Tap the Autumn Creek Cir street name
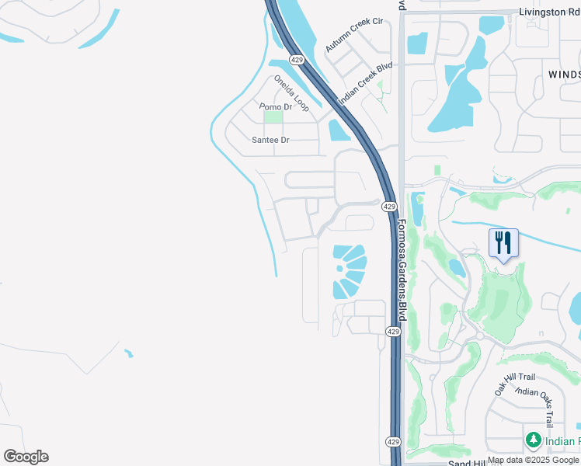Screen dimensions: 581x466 click(355, 35)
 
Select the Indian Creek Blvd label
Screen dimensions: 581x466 click(366, 81)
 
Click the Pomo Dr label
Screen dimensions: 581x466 click(275, 106)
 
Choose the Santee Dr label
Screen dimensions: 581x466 click(270, 140)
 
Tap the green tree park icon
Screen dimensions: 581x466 click(533, 440)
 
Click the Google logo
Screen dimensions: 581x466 click(26, 457)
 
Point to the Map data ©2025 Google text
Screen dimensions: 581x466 click(533, 461)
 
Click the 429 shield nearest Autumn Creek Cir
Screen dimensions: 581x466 click(296, 59)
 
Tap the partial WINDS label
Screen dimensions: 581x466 click(564, 74)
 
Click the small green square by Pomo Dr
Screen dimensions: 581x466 click(273, 117)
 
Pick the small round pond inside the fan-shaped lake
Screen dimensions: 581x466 click(339, 268)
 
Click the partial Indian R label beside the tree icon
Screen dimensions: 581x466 click(562, 441)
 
